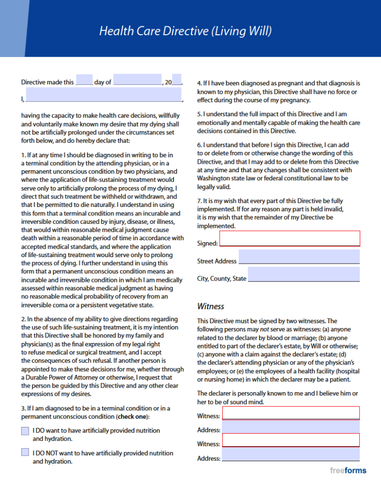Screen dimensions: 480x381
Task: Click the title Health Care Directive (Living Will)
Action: (185, 32)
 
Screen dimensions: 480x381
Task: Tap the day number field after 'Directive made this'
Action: (84, 80)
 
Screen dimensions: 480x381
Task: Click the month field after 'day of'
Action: (137, 80)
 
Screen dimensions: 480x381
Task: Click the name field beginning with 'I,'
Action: (104, 94)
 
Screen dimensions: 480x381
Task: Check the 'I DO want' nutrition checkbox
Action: (25, 431)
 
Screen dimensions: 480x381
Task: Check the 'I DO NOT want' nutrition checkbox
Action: (25, 452)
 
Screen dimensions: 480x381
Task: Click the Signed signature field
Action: (290, 239)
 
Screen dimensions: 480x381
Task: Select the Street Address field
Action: (299, 257)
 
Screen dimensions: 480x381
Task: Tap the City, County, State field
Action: (304, 274)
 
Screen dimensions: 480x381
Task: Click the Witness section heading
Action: (210, 306)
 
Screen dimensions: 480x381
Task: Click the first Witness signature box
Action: (291, 413)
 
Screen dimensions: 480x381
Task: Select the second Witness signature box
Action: (291, 440)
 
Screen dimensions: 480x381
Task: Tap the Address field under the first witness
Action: (291, 426)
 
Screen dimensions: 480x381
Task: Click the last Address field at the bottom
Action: (291, 454)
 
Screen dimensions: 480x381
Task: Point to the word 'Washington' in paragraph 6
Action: (215, 178)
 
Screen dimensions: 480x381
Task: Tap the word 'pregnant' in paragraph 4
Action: (287, 83)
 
